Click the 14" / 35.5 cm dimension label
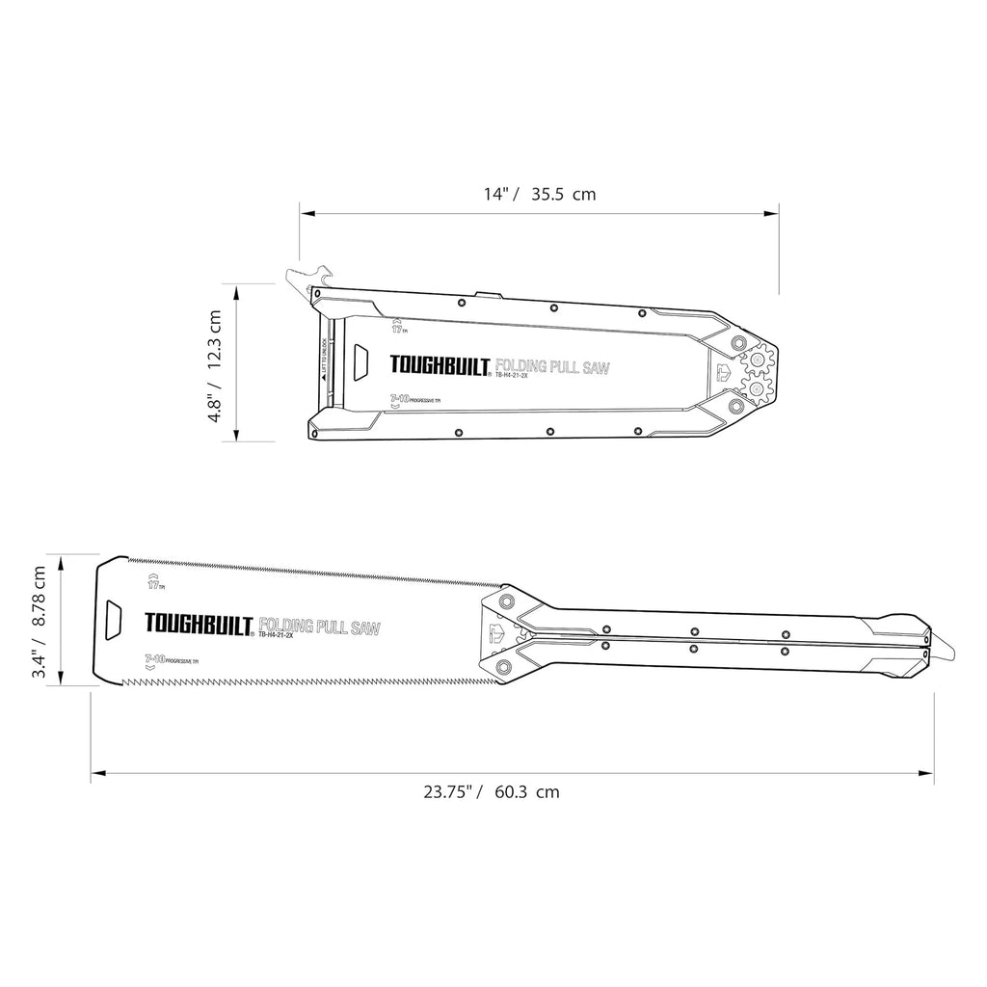540,194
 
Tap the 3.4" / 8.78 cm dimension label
40,622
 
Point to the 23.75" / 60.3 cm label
492,792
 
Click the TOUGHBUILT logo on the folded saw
441,366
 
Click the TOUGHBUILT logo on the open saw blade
198,626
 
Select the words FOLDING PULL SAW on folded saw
552,366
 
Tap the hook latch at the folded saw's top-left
307,279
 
